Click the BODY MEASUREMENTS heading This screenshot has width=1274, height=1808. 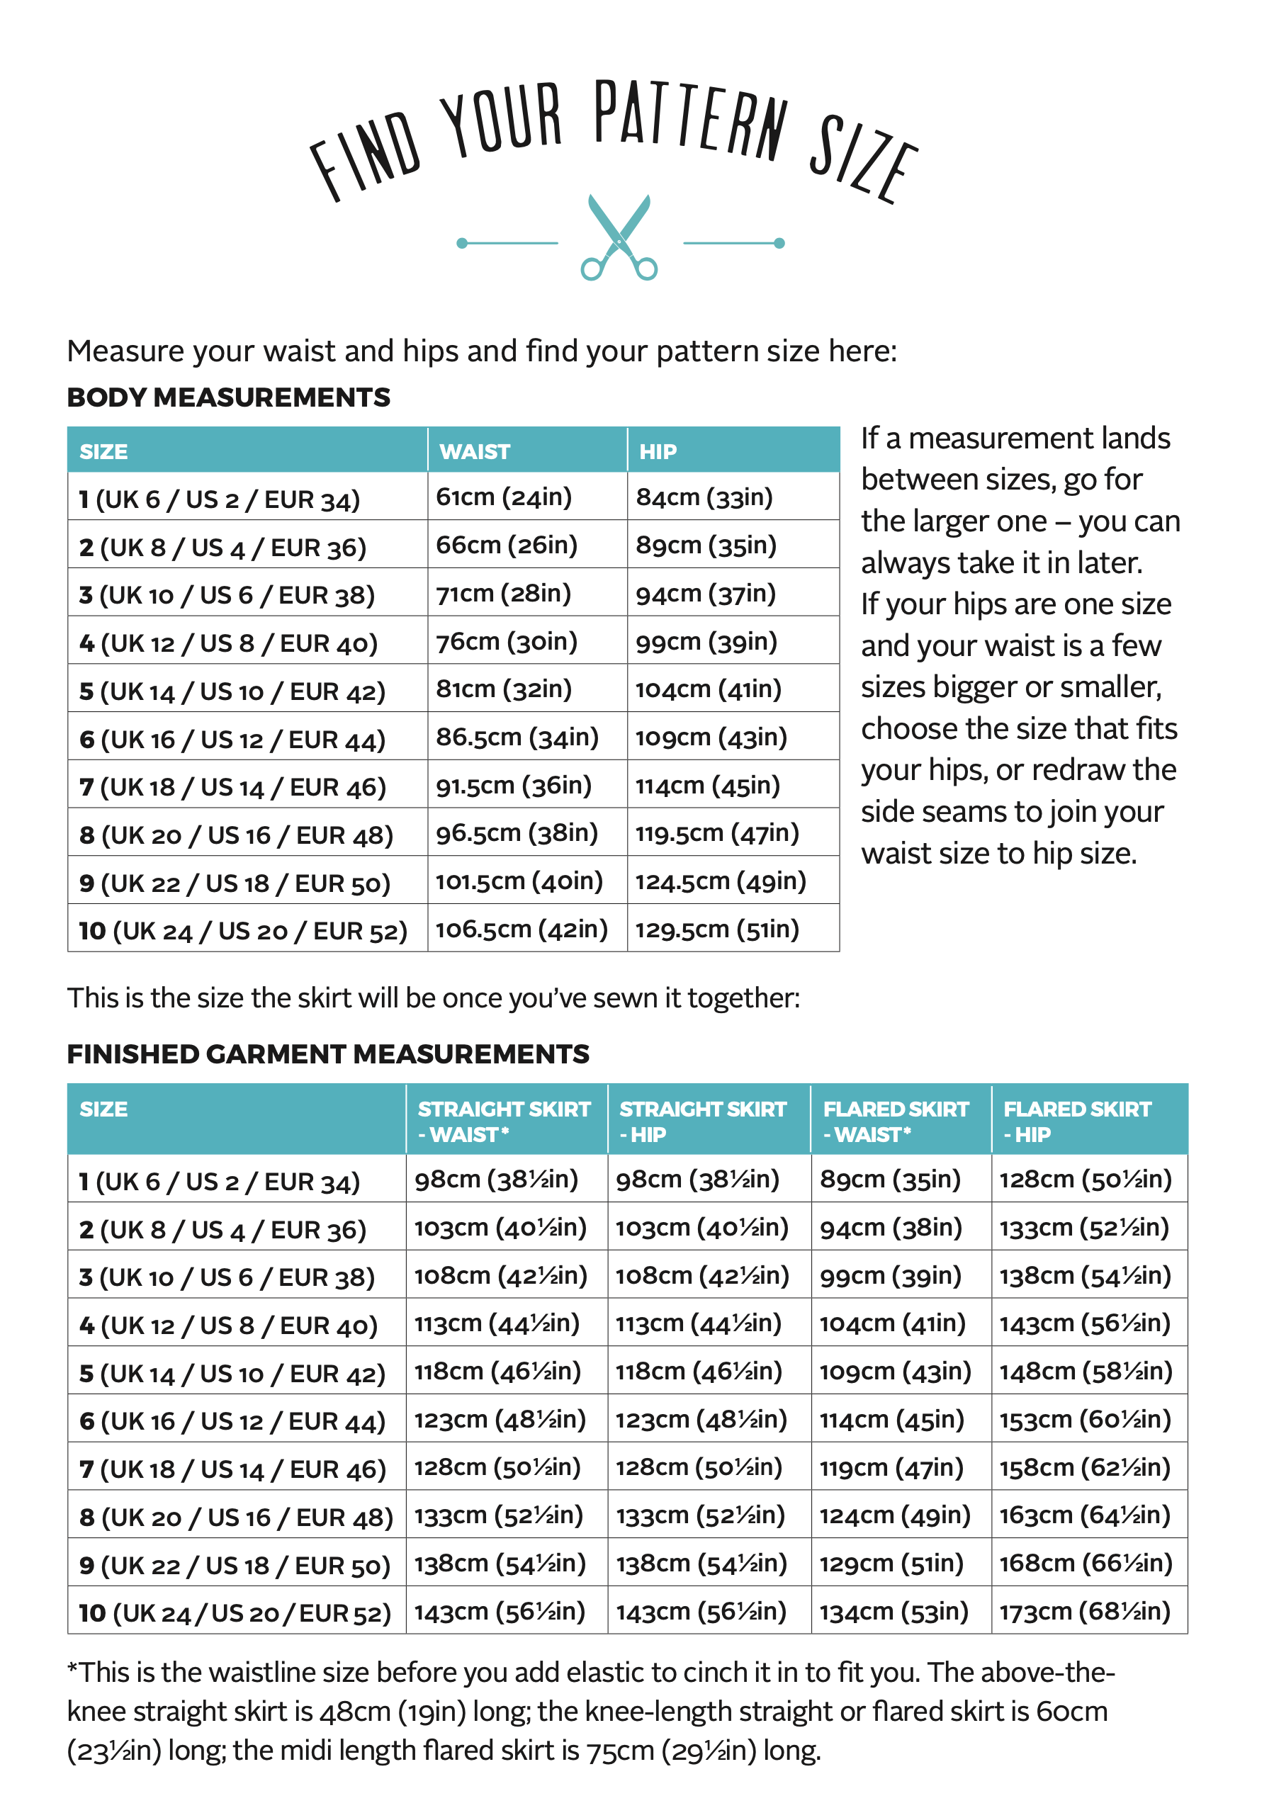point(228,397)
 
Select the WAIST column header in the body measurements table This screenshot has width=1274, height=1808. point(475,451)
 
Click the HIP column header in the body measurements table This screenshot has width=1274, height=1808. point(658,451)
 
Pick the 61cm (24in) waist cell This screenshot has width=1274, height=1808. point(504,497)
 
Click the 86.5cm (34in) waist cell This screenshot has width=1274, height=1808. point(517,737)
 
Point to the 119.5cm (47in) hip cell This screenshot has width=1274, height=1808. point(716,833)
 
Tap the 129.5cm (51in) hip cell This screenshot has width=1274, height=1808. point(716,930)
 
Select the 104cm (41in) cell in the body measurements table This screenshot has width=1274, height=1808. point(708,689)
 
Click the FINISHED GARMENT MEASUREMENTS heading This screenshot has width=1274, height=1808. point(327,1054)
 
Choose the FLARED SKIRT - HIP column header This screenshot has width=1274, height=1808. point(1076,1121)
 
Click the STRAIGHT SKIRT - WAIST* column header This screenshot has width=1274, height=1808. point(503,1121)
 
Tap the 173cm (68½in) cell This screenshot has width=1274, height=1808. point(1084,1611)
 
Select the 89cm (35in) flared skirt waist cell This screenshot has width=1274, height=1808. point(890,1179)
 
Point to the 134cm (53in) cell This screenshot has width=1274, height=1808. point(893,1611)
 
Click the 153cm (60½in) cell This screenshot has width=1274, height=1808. point(1084,1419)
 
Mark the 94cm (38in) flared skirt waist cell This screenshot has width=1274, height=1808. point(891,1227)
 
